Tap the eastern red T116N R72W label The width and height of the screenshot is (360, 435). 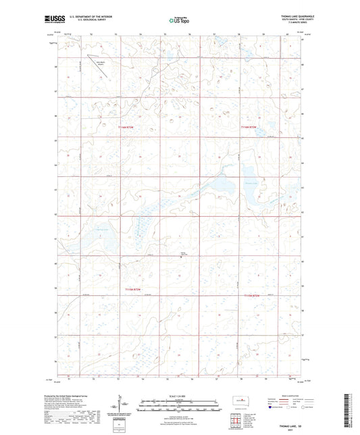253,126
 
